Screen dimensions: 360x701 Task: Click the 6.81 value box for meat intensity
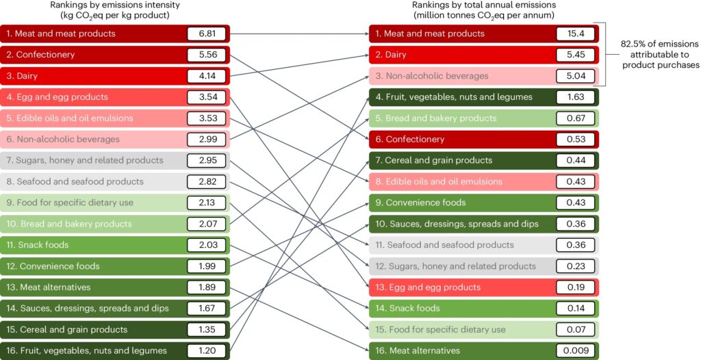[x=208, y=34]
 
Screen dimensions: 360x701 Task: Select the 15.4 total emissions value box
[x=576, y=34]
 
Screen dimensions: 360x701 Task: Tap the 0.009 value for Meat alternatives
[x=576, y=350]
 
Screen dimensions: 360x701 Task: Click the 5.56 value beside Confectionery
[x=208, y=55]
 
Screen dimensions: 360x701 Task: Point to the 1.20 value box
[x=208, y=350]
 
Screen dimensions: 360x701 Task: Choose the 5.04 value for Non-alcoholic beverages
[x=576, y=76]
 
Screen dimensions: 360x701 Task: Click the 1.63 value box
[x=576, y=97]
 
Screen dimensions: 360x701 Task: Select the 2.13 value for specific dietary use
[x=208, y=203]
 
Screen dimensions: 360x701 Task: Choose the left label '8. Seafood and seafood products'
[x=75, y=181]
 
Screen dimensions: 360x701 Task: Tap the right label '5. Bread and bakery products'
[x=440, y=118]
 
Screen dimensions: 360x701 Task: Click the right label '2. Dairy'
[x=397, y=55]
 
